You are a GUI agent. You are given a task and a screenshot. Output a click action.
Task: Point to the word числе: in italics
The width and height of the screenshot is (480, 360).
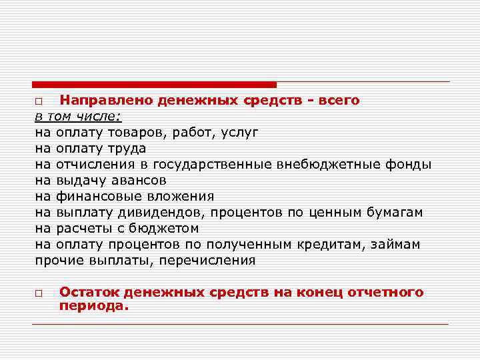tap(98, 116)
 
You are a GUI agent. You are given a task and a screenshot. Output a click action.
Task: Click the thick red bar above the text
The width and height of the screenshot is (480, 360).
tap(154, 85)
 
